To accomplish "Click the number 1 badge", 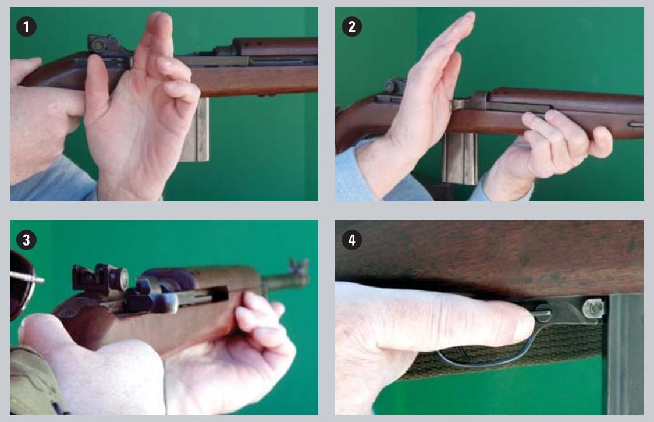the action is pos(26,27).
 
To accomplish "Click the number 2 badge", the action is pos(351,27).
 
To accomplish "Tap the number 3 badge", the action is pos(26,240).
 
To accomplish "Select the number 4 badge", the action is pos(351,240).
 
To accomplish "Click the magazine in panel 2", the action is pos(460,159).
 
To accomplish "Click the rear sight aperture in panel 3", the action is pos(120,278).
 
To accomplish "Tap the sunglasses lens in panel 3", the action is pos(18,284).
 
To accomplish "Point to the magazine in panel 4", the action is pos(624,355).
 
